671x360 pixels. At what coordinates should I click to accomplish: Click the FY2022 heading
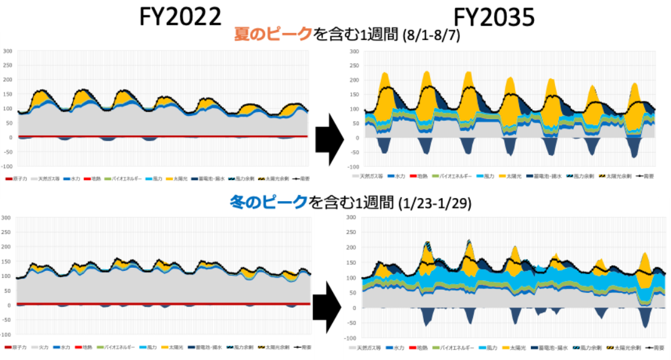coord(181,16)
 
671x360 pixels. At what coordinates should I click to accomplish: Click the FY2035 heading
coord(494,17)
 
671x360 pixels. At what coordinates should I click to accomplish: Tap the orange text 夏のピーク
coord(272,34)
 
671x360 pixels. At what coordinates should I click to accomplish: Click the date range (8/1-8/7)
coord(431,36)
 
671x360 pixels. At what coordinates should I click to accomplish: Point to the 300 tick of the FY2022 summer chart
coord(7,50)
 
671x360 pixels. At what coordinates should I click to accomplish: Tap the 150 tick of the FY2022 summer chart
coord(7,94)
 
